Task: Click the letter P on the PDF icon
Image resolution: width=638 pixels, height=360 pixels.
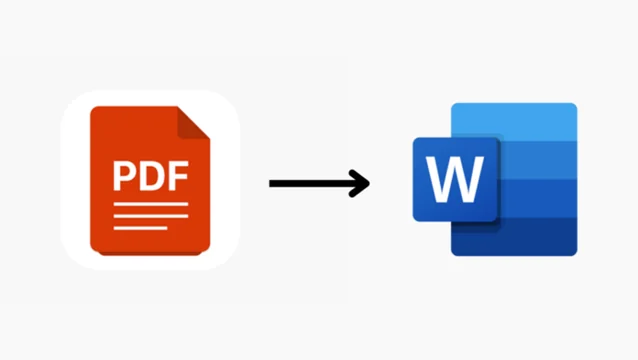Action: click(123, 175)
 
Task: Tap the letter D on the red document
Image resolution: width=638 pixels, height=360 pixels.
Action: click(149, 175)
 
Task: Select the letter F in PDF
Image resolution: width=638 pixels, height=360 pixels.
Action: click(176, 175)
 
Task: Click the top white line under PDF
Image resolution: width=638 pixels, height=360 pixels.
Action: click(149, 204)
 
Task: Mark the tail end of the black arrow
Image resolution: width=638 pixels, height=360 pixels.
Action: click(272, 183)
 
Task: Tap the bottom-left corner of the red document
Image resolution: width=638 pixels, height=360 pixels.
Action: click(93, 250)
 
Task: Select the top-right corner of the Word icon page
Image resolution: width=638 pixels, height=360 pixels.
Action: click(575, 105)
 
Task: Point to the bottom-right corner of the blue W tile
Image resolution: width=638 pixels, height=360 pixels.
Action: click(498, 220)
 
